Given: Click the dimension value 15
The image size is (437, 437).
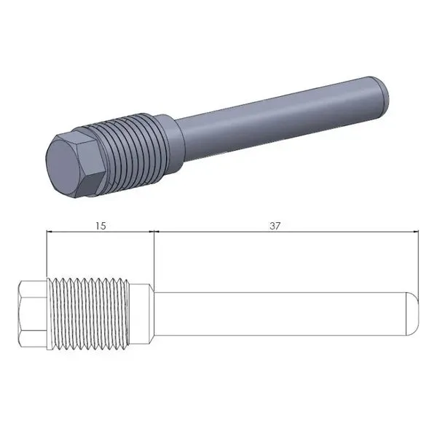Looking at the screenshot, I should (101, 226).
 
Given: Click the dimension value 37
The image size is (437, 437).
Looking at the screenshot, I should (275, 226).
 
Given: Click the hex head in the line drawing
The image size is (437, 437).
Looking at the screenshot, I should (31, 312).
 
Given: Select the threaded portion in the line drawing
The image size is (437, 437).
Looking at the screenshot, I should (87, 312).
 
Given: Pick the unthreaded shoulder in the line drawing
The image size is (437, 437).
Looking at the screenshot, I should (141, 312).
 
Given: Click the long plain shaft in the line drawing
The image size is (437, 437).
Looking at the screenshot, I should (284, 312).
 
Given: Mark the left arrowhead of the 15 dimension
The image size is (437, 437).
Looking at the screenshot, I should (50, 232).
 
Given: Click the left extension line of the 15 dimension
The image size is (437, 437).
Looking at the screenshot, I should (46, 255).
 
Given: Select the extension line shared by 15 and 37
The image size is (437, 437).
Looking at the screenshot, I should (152, 255).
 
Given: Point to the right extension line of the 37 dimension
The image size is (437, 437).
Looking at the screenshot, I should (420, 262).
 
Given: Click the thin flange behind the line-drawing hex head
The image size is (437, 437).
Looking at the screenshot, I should (46, 312).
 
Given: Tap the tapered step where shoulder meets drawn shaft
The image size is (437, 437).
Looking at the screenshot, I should (152, 312).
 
